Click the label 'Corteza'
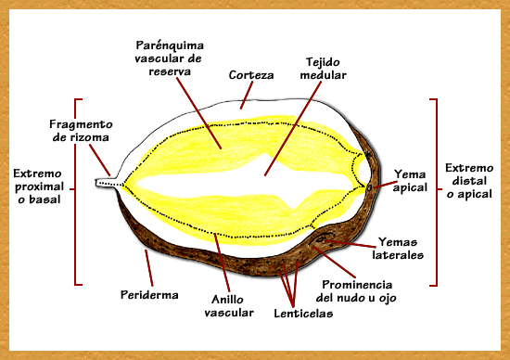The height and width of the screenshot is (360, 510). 250,75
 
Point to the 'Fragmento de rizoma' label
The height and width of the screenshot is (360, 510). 81,130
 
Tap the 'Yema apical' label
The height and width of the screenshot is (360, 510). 409,180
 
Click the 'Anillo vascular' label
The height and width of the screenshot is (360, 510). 228,305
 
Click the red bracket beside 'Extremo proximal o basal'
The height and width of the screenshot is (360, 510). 74,190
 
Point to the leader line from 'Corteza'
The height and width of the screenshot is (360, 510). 245,96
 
